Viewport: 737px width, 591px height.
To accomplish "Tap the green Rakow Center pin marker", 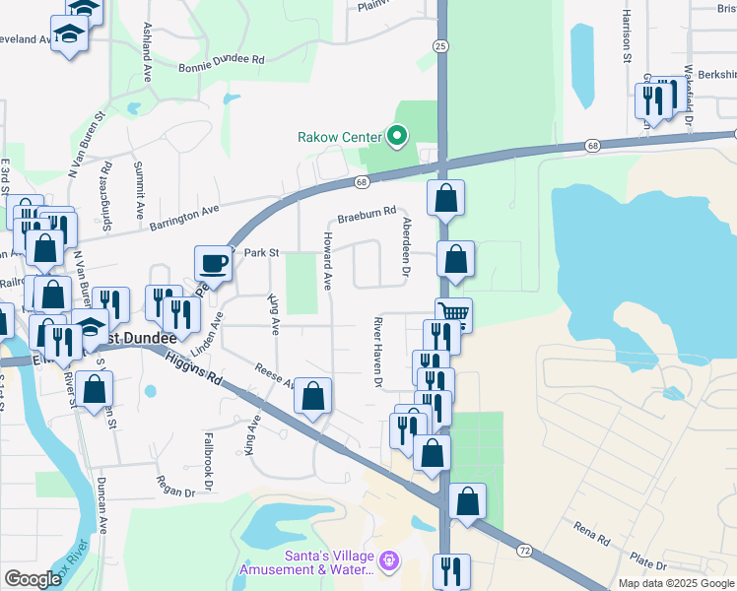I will pos(397,136).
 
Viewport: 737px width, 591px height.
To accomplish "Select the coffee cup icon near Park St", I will pos(214,263).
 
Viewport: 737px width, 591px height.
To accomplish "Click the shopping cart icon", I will pos(455,316).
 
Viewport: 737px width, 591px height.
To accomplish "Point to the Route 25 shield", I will pos(440,45).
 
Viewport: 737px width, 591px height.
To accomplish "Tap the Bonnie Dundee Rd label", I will pos(222,60).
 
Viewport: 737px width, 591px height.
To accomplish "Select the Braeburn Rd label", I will pos(367,212).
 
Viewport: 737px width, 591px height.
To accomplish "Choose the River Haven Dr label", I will pos(376,352).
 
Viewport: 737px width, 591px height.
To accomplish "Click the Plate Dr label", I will pos(648,563).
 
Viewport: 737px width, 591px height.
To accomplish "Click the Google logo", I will pos(33,579).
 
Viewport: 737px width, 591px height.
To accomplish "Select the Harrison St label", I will pos(626,36).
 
